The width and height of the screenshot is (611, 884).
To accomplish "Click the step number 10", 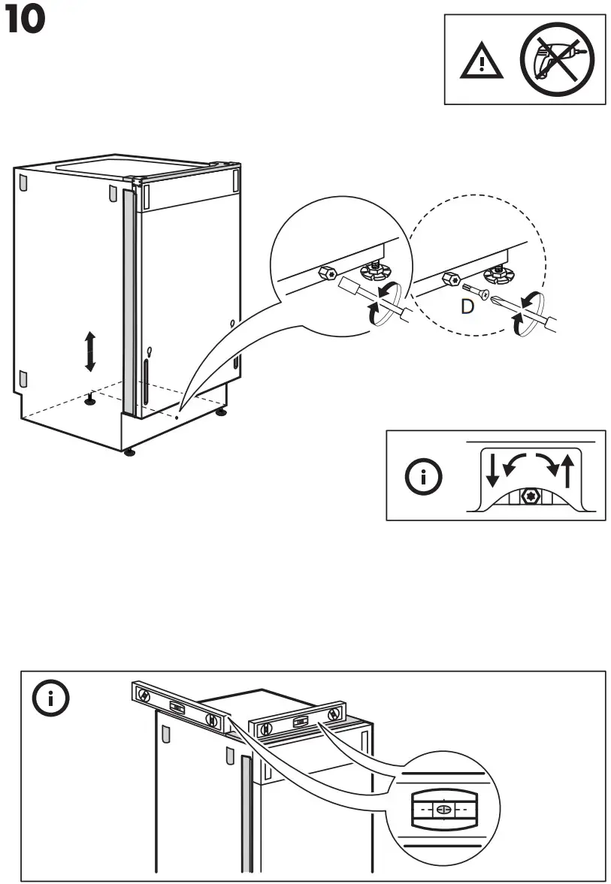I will [26, 20].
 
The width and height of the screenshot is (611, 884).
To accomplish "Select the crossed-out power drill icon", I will [557, 59].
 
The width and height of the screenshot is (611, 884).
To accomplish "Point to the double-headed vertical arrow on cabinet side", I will [90, 351].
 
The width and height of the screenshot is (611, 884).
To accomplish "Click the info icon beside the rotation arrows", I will [422, 476].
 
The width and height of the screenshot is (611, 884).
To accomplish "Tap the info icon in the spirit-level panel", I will [51, 699].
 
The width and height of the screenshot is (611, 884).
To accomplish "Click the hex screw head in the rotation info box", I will [530, 496].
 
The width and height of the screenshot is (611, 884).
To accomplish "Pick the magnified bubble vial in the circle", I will [443, 810].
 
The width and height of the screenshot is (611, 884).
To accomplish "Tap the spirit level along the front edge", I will [298, 721].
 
